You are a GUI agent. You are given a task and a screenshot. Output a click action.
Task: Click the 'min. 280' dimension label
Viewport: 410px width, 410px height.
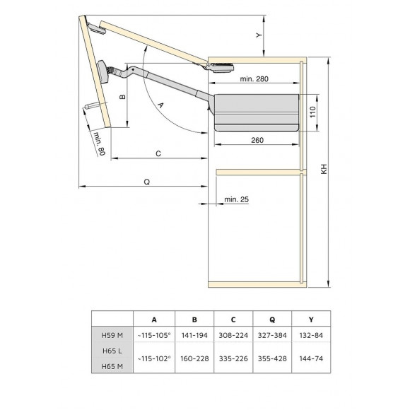pos(254,78)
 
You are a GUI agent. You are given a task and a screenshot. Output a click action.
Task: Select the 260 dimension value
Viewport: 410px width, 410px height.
pos(257,140)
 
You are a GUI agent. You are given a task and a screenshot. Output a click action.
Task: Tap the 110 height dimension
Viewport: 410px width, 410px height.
pos(311,112)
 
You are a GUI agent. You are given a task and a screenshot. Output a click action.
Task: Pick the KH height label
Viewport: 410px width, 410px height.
pos(324,170)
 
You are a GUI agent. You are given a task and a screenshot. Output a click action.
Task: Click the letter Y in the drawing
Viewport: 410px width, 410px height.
pos(259,34)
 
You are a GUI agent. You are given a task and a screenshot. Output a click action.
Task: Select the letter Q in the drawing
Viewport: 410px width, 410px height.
pos(146,182)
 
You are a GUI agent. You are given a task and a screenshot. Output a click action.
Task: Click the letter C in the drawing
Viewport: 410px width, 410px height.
pos(158,153)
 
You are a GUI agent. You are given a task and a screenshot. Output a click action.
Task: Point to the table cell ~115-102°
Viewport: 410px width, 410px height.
pos(154,358)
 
